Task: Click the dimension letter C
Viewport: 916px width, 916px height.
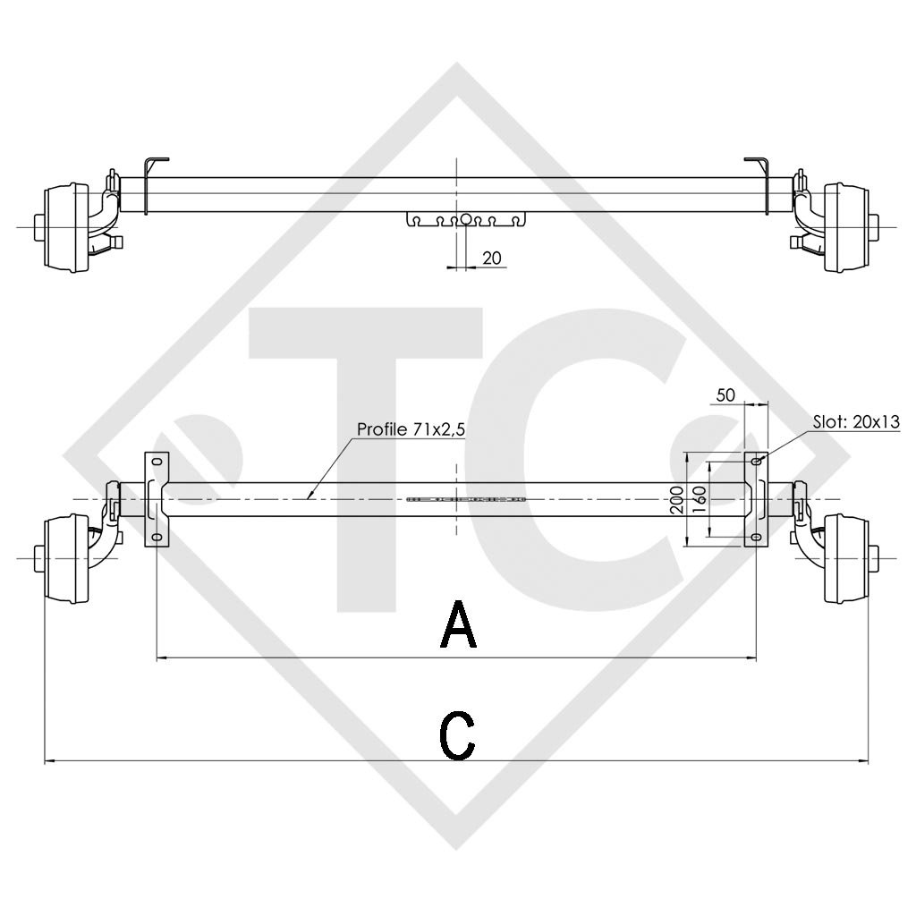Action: click(457, 735)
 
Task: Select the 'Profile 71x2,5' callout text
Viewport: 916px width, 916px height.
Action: click(411, 430)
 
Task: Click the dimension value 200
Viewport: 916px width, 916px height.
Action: click(677, 498)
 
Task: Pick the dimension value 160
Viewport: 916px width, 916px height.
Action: click(700, 497)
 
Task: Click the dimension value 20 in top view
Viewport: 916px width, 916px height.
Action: click(491, 258)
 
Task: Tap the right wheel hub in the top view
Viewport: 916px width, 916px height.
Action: click(844, 227)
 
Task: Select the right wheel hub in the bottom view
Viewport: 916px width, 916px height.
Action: click(844, 559)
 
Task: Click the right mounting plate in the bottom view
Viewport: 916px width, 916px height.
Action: click(756, 498)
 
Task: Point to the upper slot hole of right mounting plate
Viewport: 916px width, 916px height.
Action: click(756, 462)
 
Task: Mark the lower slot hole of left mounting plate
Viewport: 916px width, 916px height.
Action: click(157, 537)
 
